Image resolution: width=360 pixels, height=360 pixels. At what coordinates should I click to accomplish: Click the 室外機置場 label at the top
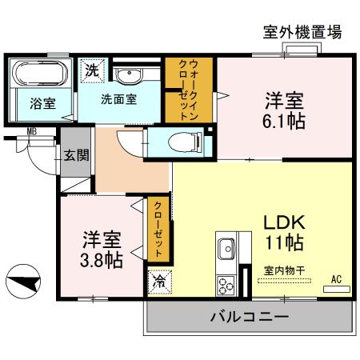(x=302, y=32)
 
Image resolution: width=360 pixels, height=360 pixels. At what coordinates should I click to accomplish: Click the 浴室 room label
(x=42, y=103)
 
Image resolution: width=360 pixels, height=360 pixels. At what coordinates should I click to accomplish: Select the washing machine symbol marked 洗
(x=92, y=70)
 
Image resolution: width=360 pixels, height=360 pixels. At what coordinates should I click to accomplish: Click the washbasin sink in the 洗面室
(x=128, y=76)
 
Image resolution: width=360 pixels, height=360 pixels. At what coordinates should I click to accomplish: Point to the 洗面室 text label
(x=118, y=102)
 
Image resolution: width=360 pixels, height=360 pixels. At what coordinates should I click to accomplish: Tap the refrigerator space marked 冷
(x=158, y=282)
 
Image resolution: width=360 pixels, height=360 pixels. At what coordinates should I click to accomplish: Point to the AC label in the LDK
(x=337, y=279)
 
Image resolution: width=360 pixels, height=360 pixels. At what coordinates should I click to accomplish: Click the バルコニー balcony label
(x=249, y=317)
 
